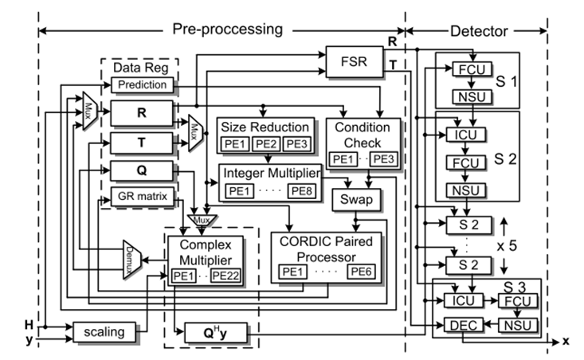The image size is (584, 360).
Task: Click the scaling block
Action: click(100, 329)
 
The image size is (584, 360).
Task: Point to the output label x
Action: click(565, 341)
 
